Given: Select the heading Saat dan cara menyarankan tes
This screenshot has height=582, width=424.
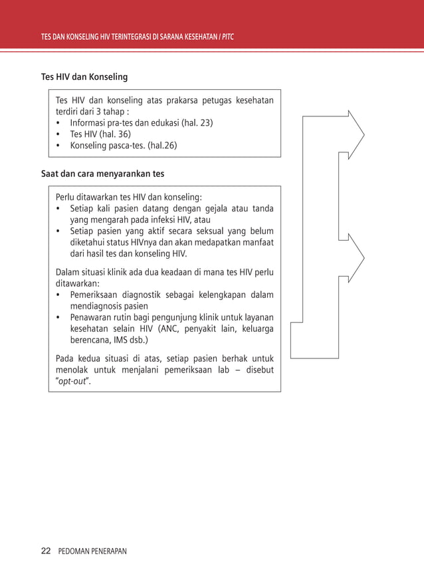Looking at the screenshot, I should pyautogui.click(x=102, y=174).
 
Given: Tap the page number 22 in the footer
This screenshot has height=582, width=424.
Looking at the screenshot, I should pyautogui.click(x=46, y=551).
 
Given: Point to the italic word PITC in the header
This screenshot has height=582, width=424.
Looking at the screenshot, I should pyautogui.click(x=227, y=36).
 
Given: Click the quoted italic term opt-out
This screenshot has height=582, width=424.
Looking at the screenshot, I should pyautogui.click(x=74, y=381).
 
